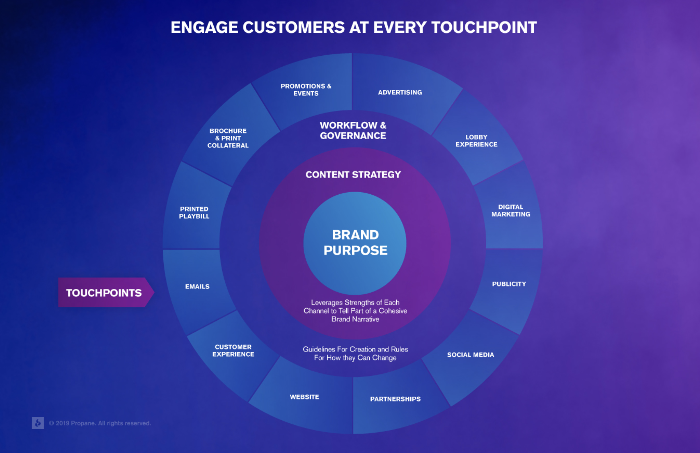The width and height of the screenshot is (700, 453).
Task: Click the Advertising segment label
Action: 400,92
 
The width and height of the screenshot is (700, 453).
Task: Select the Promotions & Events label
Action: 306,90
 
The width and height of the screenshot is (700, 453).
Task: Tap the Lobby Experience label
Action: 476,141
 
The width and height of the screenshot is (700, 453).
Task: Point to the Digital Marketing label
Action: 511,211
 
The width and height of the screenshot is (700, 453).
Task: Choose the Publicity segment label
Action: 509,284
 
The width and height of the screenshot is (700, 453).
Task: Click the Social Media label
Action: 471,355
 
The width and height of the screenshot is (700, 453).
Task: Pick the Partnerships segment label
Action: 395,399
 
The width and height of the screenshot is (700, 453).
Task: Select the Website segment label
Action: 304,397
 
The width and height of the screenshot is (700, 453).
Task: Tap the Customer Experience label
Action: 233,351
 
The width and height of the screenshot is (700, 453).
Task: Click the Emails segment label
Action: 197,286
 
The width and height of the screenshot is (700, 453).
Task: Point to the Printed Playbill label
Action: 194,213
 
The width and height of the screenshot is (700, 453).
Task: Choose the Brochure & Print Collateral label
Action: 228,138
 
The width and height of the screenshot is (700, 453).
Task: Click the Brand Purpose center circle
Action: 355,243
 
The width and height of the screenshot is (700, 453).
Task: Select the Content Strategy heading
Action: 353,175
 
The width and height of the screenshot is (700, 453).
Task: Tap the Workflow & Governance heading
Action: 353,130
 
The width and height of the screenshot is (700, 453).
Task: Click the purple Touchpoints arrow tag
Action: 106,293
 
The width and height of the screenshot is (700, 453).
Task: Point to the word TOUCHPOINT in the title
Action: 484,27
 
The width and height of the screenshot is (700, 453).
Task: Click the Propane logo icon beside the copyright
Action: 38,423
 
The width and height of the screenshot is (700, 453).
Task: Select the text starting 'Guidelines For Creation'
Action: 355,353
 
